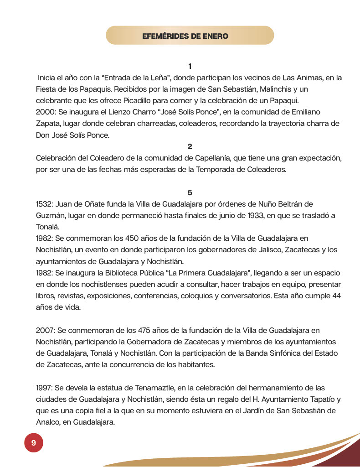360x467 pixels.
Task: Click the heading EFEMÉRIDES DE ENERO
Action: click(x=185, y=36)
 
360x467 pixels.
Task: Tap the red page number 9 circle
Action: click(x=33, y=443)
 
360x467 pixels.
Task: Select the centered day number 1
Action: click(x=190, y=67)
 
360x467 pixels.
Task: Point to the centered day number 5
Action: click(x=190, y=192)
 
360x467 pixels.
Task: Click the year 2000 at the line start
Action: click(x=44, y=112)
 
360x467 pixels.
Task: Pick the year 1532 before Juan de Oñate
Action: click(x=44, y=204)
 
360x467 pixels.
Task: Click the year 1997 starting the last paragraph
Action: click(x=44, y=388)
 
